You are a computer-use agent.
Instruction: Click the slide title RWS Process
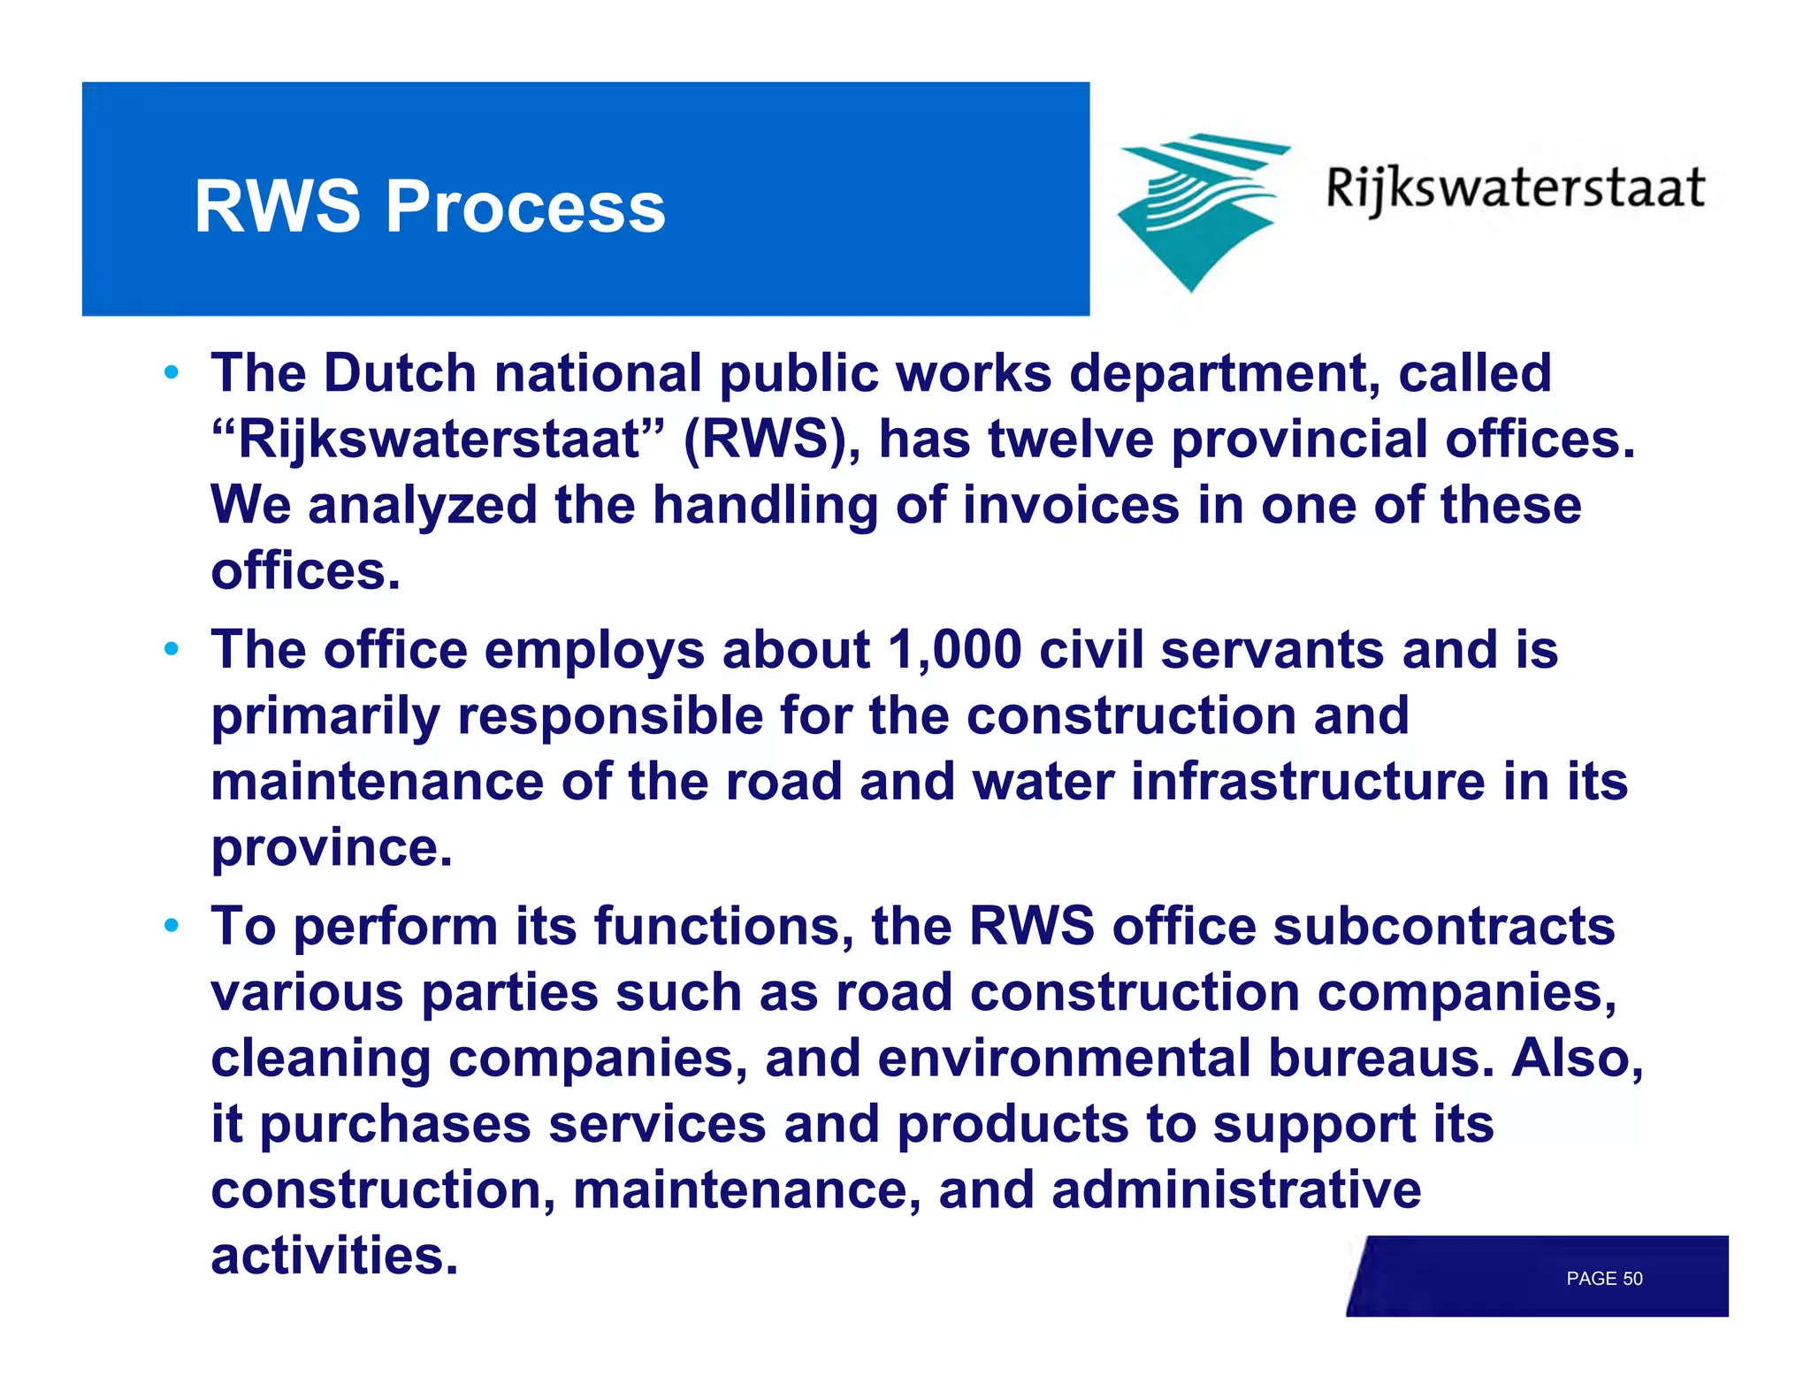coord(430,206)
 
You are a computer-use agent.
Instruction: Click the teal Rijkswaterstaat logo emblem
coord(1198,210)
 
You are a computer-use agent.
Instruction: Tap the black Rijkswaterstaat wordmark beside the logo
coord(1515,189)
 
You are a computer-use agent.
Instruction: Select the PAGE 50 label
coord(1604,1279)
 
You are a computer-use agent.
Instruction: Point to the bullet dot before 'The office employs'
coord(172,649)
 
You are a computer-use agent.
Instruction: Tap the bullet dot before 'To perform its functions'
coord(172,926)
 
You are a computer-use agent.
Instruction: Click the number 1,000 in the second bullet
coord(955,650)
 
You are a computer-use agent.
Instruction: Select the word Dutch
coord(400,372)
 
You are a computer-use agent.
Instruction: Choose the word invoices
coord(1071,505)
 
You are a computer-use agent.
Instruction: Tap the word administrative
coord(1235,1190)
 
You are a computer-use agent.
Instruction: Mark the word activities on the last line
coord(334,1256)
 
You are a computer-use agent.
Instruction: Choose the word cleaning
coord(321,1059)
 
